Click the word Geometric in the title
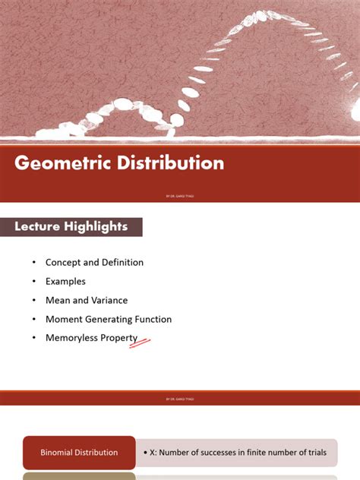point(61,163)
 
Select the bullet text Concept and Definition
point(94,263)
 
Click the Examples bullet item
point(65,282)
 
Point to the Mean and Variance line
point(87,301)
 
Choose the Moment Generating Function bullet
point(109,320)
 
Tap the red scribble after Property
point(141,343)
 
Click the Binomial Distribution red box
point(79,453)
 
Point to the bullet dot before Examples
point(33,282)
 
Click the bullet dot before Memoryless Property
point(33,339)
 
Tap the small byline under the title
point(180,196)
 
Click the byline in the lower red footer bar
point(180,398)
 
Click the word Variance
point(110,301)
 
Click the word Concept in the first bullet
point(63,263)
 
